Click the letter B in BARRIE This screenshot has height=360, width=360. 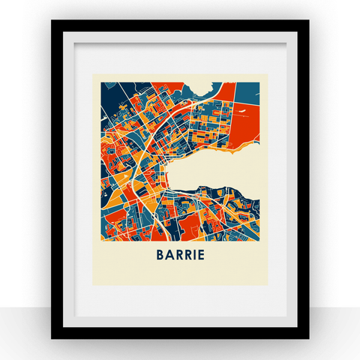coord(160,254)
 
